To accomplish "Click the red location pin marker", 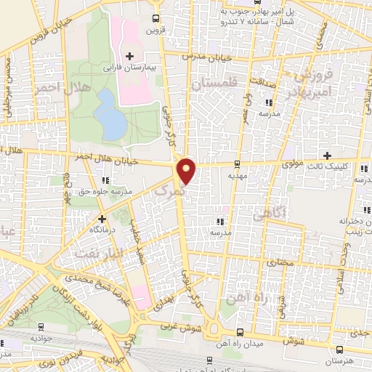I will coord(187,171).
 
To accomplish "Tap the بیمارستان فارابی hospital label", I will coord(129,68).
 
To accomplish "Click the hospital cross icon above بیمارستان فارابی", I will coord(129,56).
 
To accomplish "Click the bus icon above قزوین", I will coord(156,19).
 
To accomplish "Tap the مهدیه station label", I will coord(238,175).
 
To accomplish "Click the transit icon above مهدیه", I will coord(238,164).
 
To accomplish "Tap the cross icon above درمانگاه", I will coord(102,218).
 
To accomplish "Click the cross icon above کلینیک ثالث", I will coord(328,155).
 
